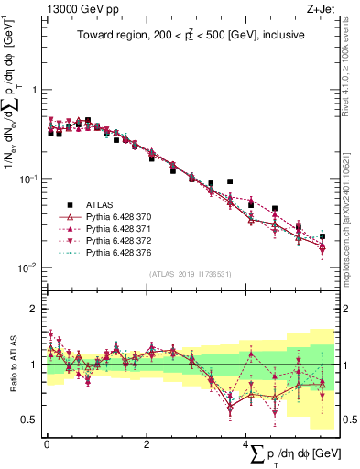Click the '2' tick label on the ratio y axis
click(x=34, y=309)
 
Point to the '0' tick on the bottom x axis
click(x=46, y=443)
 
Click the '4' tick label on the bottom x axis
click(x=245, y=443)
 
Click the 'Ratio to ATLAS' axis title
click(x=11, y=365)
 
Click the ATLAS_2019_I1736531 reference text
click(x=190, y=274)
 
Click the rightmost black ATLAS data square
click(x=322, y=236)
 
